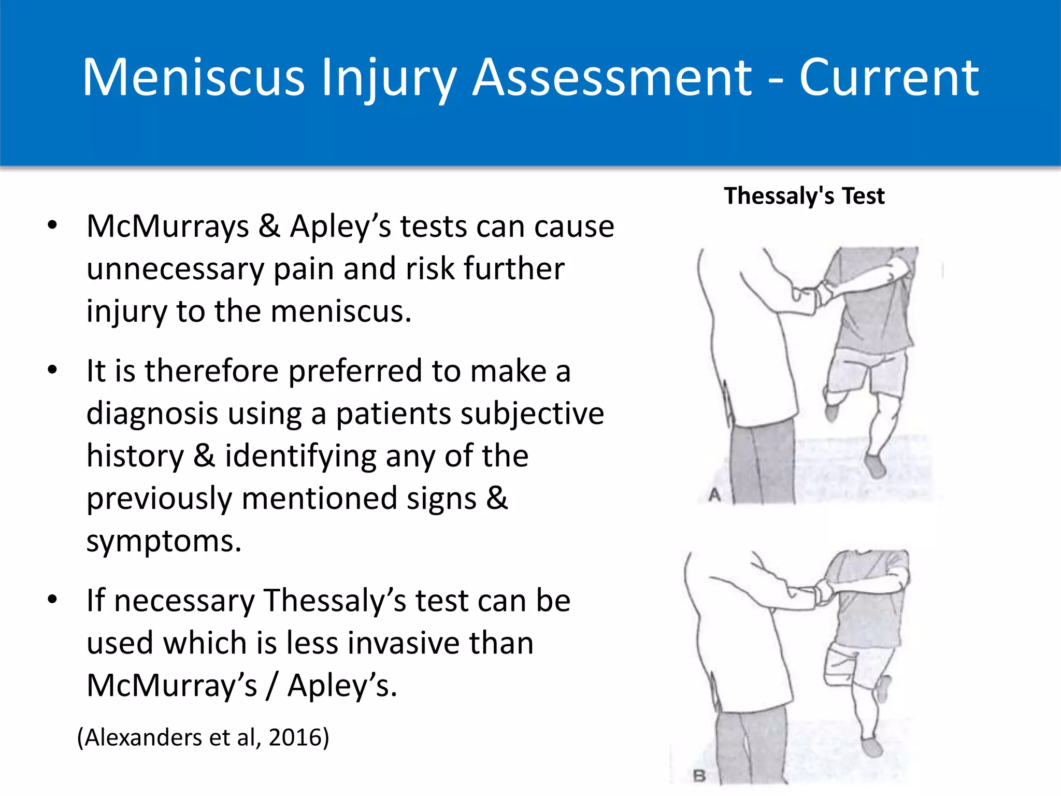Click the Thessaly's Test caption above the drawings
click(x=804, y=196)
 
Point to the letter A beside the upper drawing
click(x=715, y=495)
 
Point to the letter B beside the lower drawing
click(x=699, y=776)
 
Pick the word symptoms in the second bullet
click(x=164, y=542)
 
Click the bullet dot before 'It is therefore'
click(x=52, y=371)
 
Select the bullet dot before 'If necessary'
click(x=52, y=600)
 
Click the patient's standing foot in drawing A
click(x=876, y=466)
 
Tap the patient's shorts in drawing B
click(x=855, y=666)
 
